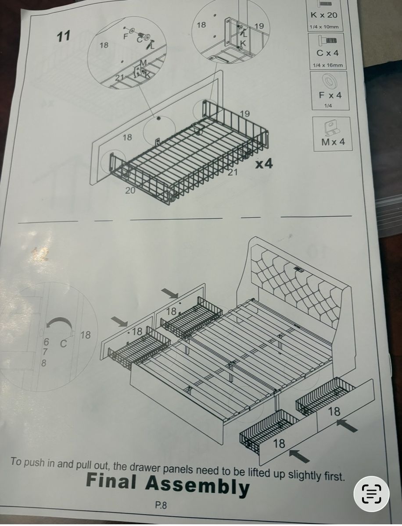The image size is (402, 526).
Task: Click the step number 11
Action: pyautogui.click(x=64, y=36)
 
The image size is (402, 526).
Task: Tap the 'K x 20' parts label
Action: pyautogui.click(x=324, y=15)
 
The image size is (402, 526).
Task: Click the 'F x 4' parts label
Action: pyautogui.click(x=330, y=95)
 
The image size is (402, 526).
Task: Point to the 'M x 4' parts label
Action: pyautogui.click(x=333, y=142)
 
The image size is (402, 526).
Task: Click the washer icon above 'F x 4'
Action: pyautogui.click(x=327, y=80)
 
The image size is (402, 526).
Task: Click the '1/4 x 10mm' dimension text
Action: pyautogui.click(x=324, y=27)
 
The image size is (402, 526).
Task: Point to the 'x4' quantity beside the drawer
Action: pyautogui.click(x=264, y=164)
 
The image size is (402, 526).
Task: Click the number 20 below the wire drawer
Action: pyautogui.click(x=130, y=190)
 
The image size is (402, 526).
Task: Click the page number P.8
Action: pyautogui.click(x=161, y=505)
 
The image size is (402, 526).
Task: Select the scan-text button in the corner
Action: pyautogui.click(x=371, y=494)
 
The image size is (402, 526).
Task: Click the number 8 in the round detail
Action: pyautogui.click(x=43, y=363)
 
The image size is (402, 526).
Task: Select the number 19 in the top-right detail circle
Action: pyautogui.click(x=259, y=26)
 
